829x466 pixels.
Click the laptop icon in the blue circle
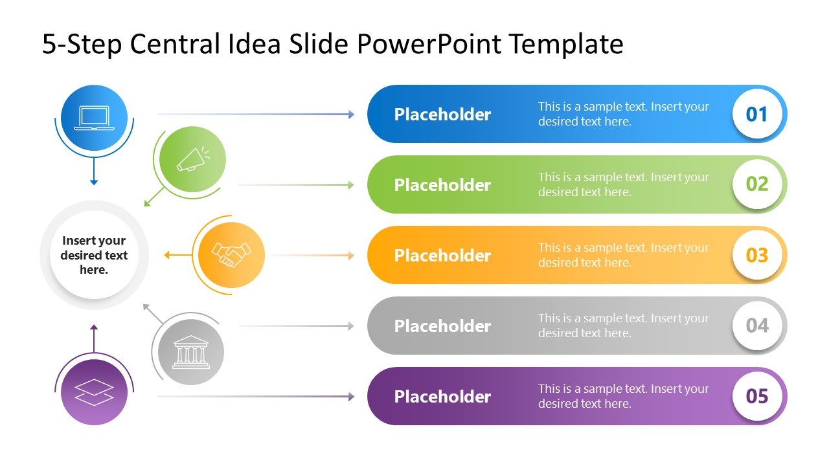point(94,118)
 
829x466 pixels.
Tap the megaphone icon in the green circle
point(192,159)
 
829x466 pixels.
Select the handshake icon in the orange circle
point(231,255)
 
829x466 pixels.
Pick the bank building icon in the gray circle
point(190,352)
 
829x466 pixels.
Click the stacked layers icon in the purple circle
point(94,392)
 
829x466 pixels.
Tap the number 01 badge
point(756,114)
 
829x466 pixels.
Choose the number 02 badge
point(756,184)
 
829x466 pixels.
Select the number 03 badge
point(756,255)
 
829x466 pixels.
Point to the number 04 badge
point(756,326)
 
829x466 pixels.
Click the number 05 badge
point(756,396)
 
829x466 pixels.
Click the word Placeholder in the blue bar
point(442,115)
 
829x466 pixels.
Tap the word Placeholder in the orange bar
point(442,256)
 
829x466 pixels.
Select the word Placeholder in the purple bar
point(442,397)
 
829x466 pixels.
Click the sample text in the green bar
point(623,184)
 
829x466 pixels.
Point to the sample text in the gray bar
point(623,326)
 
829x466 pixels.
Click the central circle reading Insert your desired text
point(94,255)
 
